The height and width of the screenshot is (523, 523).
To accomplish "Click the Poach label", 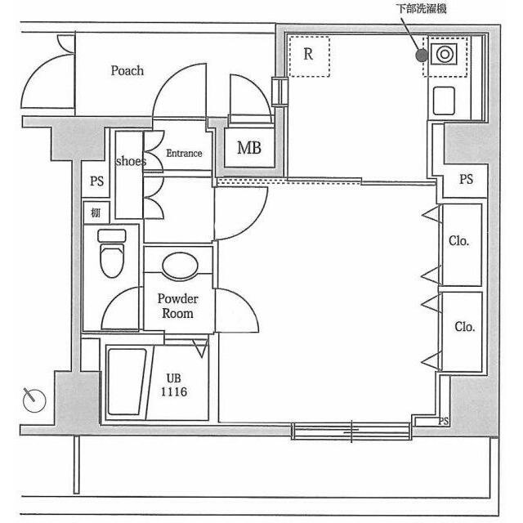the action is click(127, 71).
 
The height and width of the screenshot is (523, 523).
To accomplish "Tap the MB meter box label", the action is click(248, 148).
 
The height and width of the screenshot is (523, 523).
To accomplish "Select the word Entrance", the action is click(184, 153).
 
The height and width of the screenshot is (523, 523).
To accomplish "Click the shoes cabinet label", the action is click(131, 161).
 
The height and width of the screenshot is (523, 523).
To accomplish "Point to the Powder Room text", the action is click(177, 306).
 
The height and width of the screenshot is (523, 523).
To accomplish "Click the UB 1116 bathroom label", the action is click(174, 385).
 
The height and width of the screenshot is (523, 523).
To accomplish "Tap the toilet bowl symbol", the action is click(112, 254).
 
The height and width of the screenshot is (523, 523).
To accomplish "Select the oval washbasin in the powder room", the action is click(180, 266).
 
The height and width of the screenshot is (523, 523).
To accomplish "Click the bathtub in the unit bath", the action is click(127, 382).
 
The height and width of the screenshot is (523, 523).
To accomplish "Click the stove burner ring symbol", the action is click(445, 54).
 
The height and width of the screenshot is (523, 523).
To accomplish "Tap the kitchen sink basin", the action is click(444, 101).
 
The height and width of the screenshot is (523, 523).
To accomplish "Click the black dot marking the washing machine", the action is click(422, 56).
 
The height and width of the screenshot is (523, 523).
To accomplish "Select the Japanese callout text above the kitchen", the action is click(422, 8).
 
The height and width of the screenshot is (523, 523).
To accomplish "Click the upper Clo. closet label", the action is click(459, 240).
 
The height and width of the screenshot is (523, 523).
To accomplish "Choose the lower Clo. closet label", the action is click(465, 327).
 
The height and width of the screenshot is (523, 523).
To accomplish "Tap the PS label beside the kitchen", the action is click(466, 179).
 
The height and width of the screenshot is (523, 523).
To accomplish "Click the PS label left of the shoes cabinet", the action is click(97, 181).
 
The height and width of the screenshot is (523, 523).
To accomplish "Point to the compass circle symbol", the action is click(34, 400).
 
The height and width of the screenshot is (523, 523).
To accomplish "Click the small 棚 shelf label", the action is click(96, 212).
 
